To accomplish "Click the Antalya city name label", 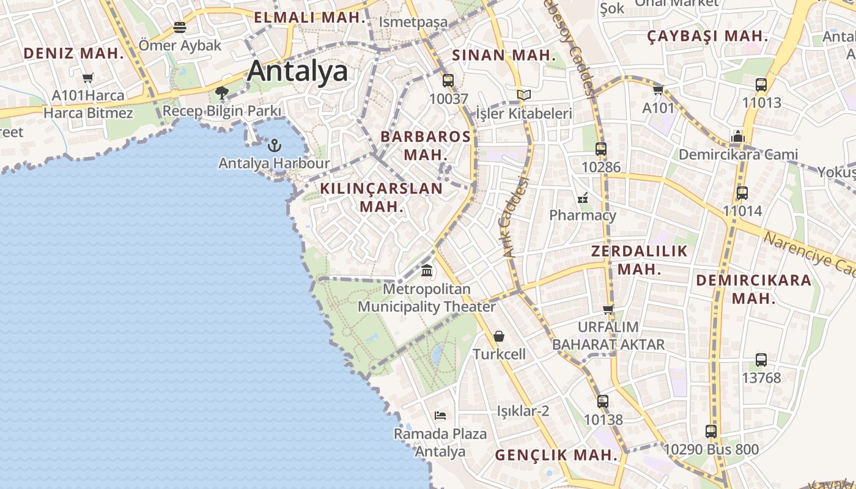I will click(x=298, y=72).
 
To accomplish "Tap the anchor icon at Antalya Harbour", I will click(x=275, y=145).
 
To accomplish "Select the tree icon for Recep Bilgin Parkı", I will click(x=221, y=93).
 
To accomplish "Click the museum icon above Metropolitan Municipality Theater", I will click(x=427, y=270).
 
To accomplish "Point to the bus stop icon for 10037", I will click(x=448, y=80).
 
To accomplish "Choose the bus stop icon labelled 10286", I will click(x=600, y=149).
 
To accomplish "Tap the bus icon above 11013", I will click(x=761, y=85).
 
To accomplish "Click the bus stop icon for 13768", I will click(x=761, y=360).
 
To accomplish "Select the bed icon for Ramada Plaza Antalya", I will click(x=440, y=416).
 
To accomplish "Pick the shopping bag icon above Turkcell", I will click(x=499, y=336).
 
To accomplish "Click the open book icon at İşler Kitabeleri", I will click(x=523, y=95).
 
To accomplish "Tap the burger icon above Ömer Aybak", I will click(x=179, y=27).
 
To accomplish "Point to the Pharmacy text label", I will click(x=582, y=215).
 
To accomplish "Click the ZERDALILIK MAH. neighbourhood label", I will click(x=640, y=260).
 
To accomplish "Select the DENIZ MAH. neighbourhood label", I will click(x=74, y=53).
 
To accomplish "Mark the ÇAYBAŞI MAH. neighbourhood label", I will click(x=707, y=36).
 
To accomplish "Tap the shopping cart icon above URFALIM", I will click(x=608, y=309).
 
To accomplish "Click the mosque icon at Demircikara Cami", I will click(x=738, y=136).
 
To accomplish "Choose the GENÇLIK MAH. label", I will click(x=556, y=455).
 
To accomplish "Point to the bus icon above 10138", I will click(x=603, y=402).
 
